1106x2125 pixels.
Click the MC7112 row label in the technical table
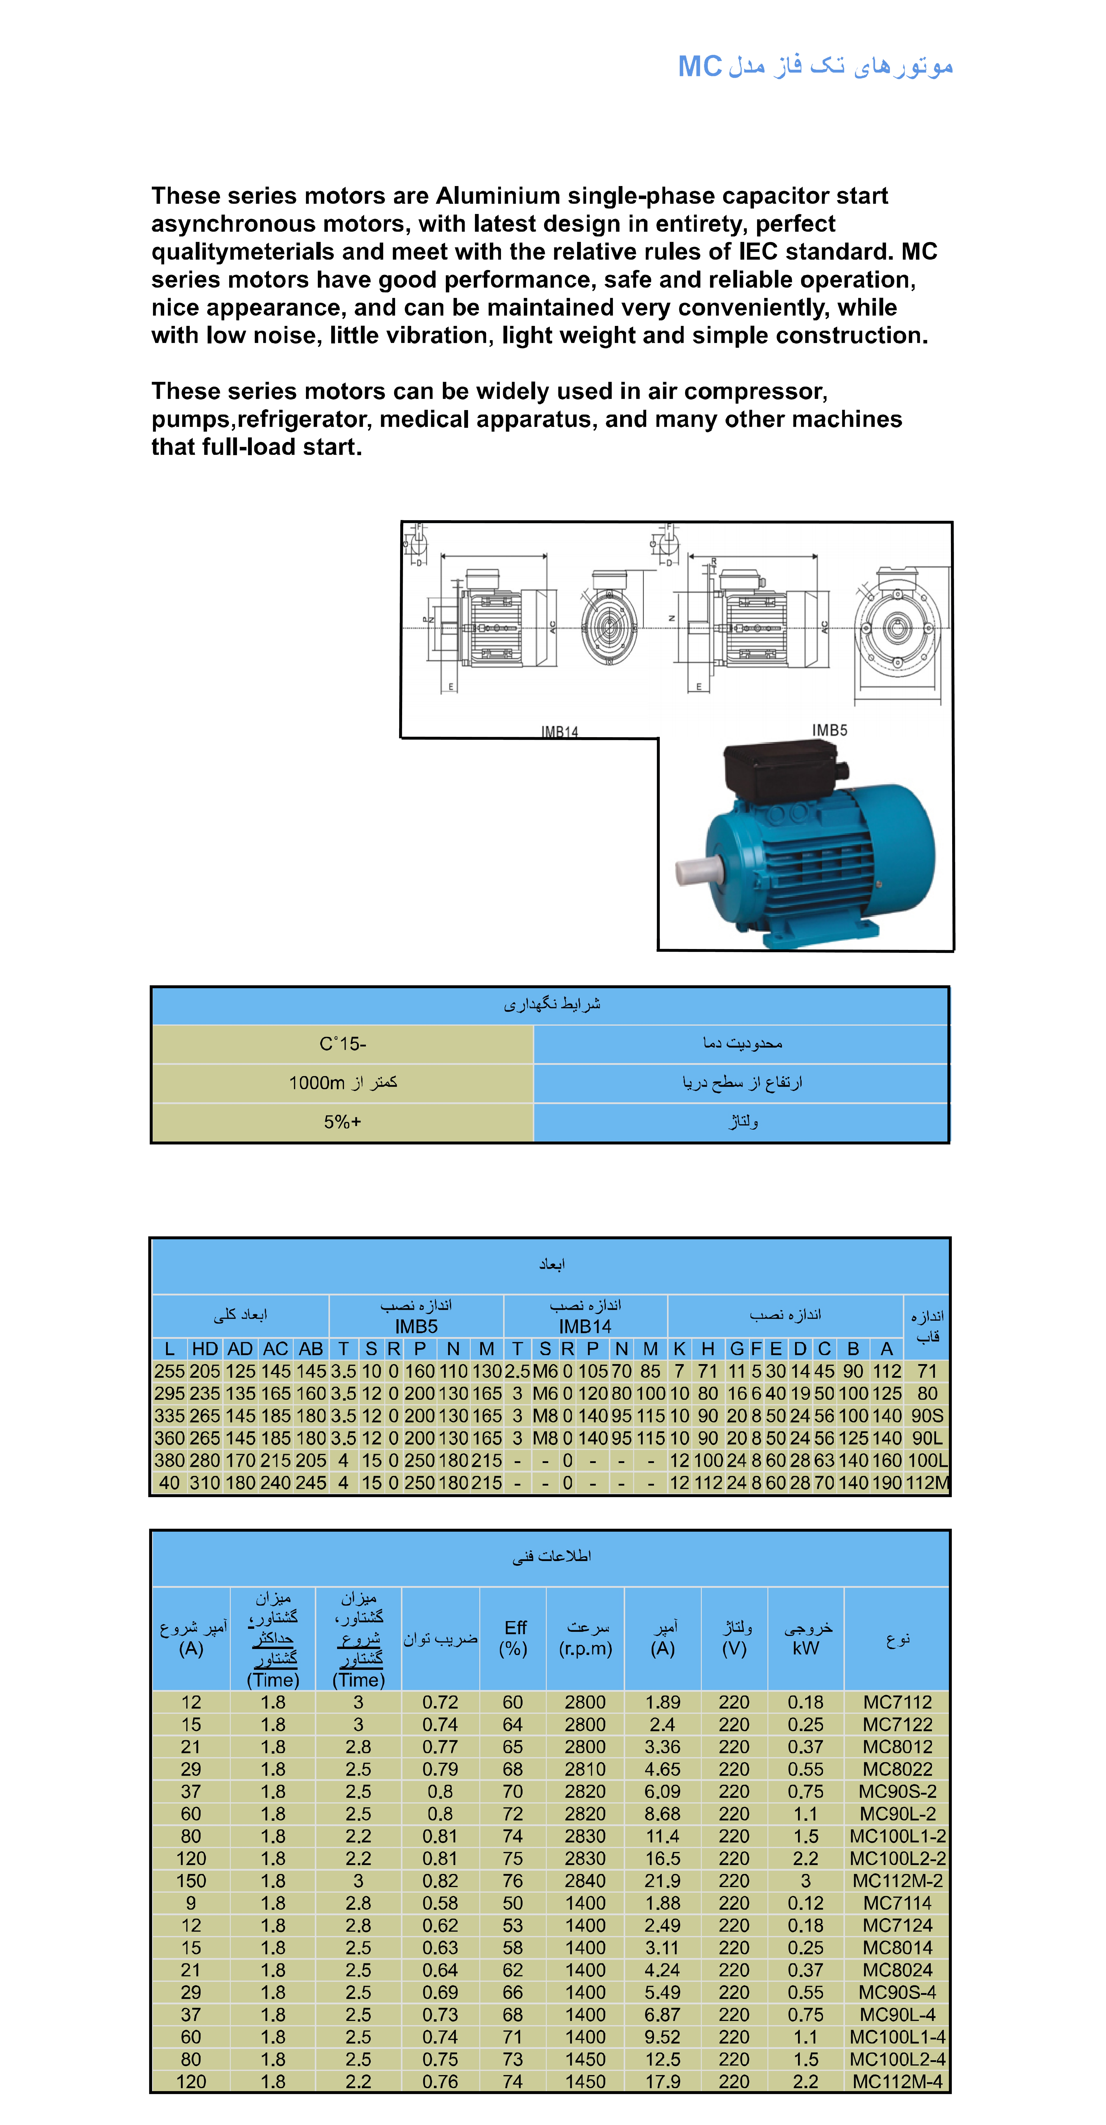[897, 1702]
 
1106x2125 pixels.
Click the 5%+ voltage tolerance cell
[342, 1122]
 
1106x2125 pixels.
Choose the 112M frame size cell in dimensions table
[927, 1482]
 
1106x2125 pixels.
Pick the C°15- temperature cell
[342, 1043]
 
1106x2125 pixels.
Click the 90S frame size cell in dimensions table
[927, 1415]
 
